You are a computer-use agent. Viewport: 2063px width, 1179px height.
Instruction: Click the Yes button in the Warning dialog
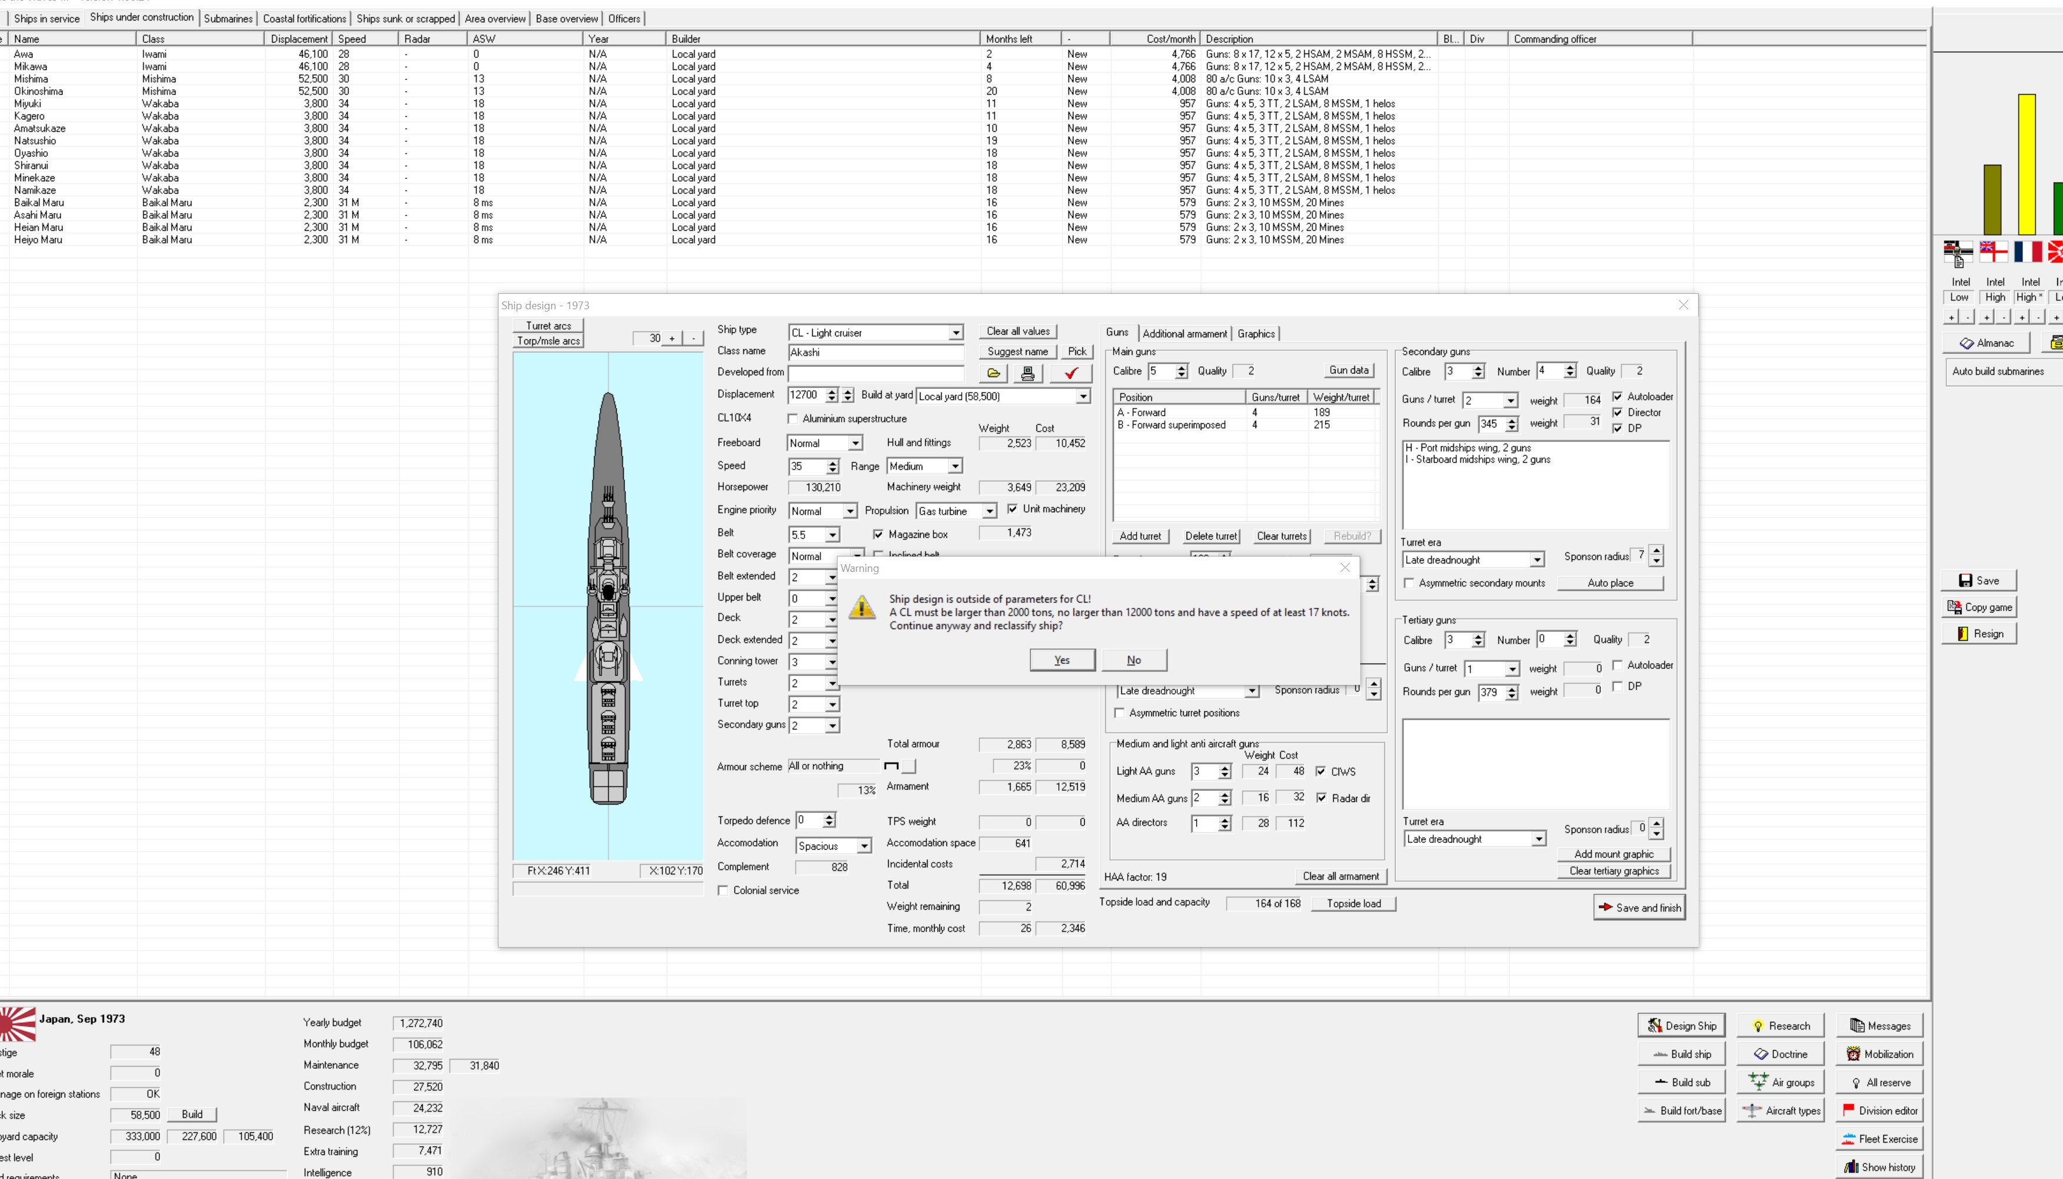coord(1062,660)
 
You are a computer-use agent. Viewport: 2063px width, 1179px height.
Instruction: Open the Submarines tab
coord(228,19)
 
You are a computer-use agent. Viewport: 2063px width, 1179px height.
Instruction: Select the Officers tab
coord(624,19)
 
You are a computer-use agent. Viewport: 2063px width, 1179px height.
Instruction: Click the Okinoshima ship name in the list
coord(39,91)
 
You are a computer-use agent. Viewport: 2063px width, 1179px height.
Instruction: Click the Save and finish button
coord(1640,908)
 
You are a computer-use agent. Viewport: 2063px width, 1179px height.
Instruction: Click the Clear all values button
coord(1018,331)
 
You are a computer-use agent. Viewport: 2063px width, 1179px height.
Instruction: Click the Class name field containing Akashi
coord(876,352)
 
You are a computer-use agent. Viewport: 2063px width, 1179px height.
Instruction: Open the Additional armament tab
coord(1184,333)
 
